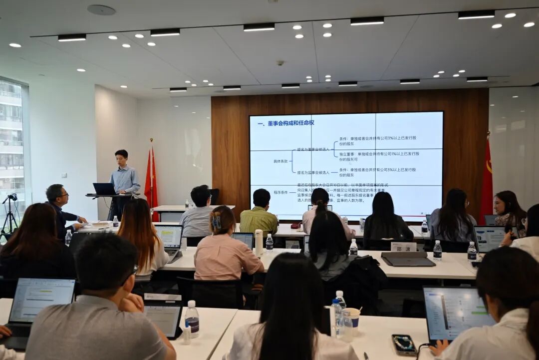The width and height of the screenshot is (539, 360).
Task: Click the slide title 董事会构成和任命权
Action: (x=286, y=123)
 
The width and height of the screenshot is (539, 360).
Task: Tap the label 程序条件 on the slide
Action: (x=280, y=192)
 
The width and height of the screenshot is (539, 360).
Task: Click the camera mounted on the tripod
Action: (x=10, y=198)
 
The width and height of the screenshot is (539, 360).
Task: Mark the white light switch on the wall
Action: (x=64, y=175)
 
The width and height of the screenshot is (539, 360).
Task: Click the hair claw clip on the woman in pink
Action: (x=217, y=221)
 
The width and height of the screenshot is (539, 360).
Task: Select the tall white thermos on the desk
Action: (x=259, y=242)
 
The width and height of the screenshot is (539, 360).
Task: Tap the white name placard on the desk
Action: (x=403, y=247)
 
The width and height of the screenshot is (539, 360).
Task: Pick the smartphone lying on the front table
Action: (x=404, y=344)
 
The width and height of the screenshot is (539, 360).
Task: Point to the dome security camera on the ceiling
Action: (x=280, y=63)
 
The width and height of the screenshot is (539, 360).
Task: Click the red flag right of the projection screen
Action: (x=486, y=177)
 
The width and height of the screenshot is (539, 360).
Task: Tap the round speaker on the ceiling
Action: (x=101, y=9)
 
